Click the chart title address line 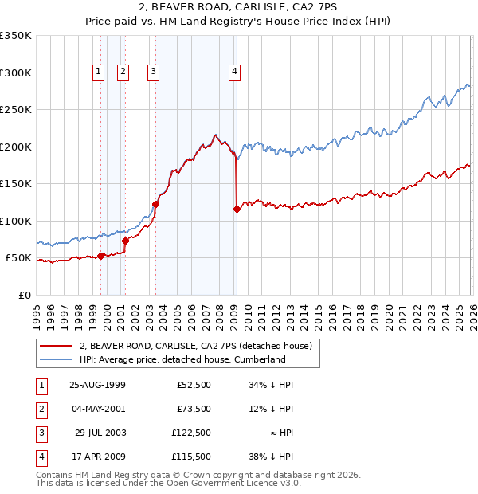point(239,8)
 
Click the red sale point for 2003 point(156,204)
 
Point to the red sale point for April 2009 point(237,210)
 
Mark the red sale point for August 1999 point(101,256)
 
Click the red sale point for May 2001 point(125,241)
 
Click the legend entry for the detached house point(199,346)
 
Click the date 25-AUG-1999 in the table point(97,385)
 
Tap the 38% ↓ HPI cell point(271,457)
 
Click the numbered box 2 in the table point(41,409)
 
